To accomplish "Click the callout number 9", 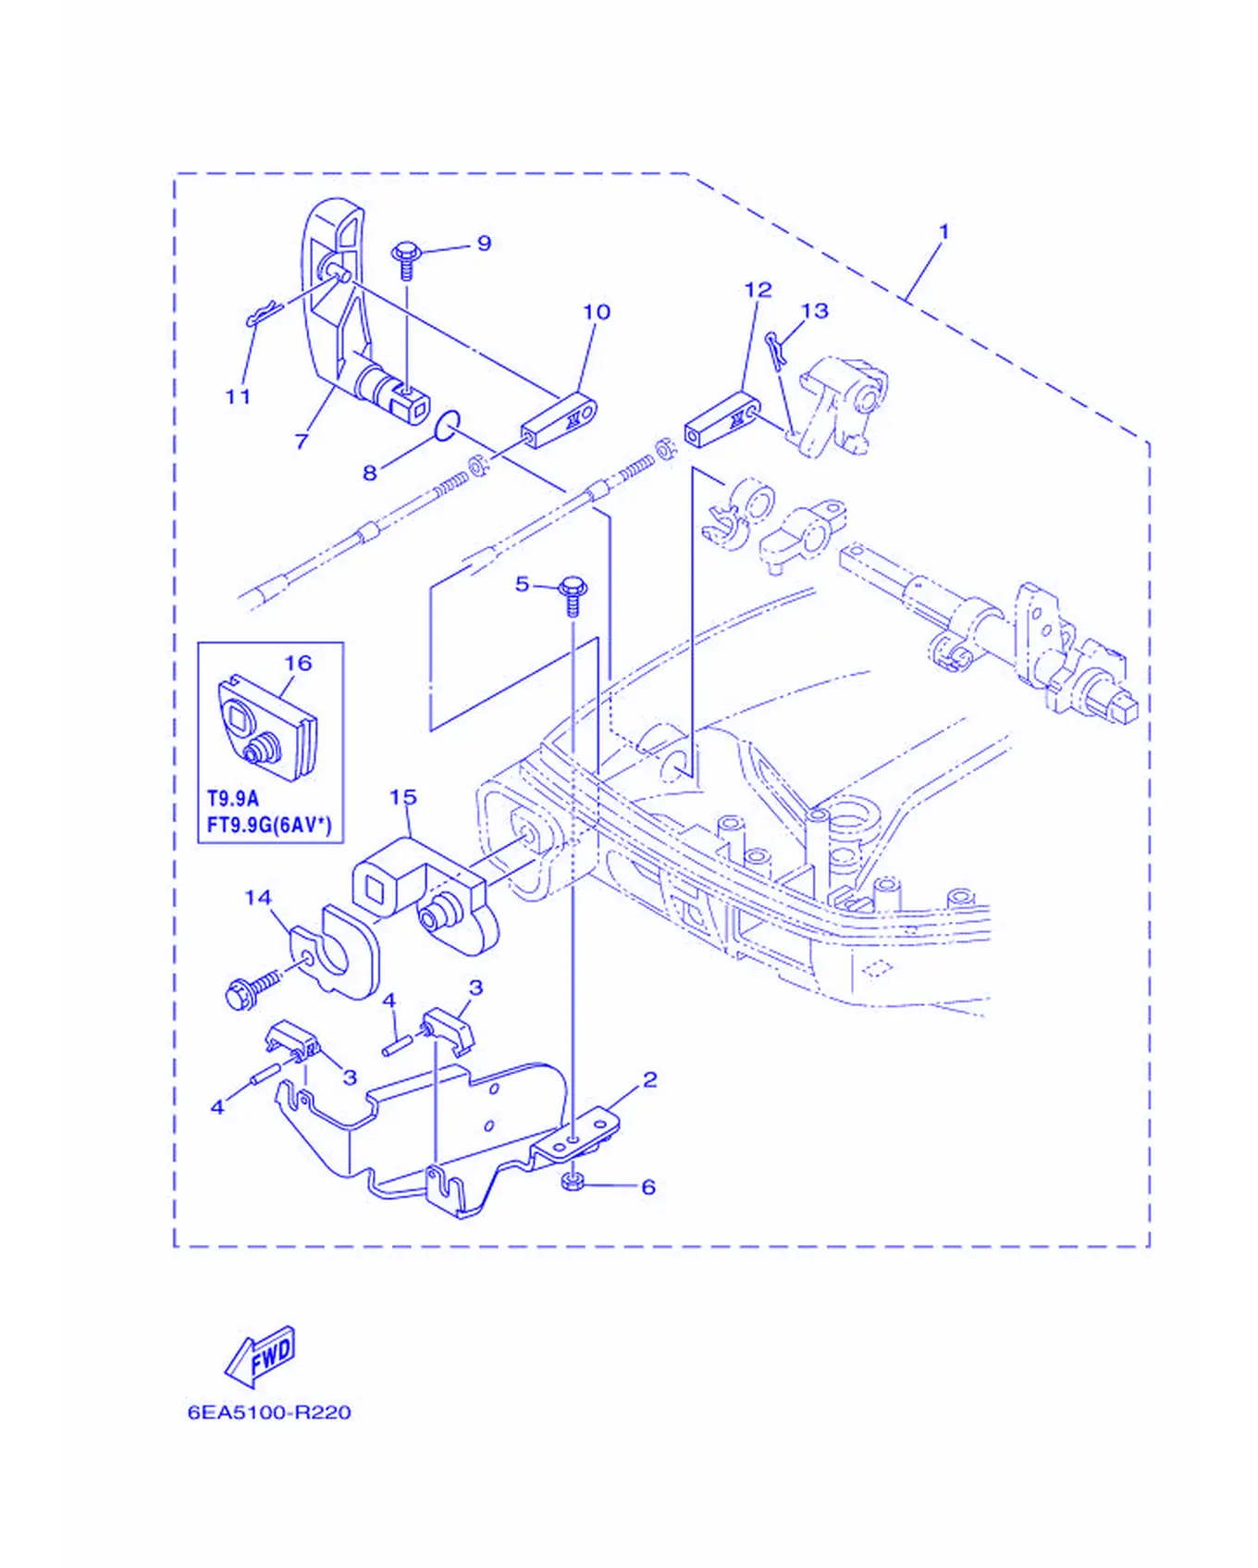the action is (484, 243).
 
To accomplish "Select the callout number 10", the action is (597, 312).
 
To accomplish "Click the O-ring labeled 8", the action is (447, 425).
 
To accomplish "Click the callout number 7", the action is (302, 442).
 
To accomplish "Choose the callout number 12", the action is (758, 290).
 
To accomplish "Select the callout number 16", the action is (298, 663).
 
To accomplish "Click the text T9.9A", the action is (232, 798).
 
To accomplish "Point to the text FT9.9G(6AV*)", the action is (269, 824).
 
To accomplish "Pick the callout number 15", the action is (402, 797).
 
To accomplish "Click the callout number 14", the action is (258, 897).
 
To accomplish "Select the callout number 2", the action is (650, 1079).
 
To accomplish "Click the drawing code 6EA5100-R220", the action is (269, 1412).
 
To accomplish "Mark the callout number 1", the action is (943, 231).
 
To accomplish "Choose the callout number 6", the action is (648, 1187).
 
